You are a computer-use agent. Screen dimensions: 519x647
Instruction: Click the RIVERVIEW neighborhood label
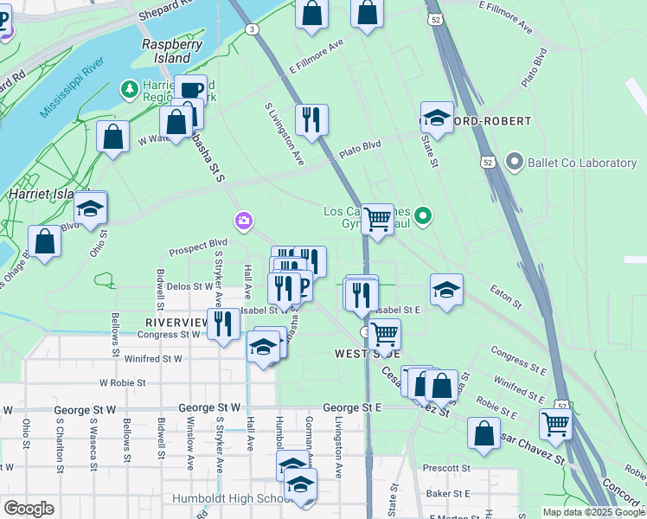point(170,322)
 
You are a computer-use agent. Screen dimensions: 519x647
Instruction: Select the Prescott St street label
point(445,468)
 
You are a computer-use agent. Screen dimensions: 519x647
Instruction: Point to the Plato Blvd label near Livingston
point(360,147)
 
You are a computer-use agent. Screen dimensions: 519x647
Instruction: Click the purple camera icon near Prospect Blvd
point(244,221)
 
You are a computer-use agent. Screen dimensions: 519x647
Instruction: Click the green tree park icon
point(129,88)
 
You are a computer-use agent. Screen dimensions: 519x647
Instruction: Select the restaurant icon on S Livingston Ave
point(311,119)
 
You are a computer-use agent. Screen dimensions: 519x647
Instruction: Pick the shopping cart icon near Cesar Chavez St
point(554,423)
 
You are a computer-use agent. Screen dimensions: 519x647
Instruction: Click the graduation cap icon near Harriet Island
point(90,208)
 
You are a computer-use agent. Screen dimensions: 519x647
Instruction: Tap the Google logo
point(29,509)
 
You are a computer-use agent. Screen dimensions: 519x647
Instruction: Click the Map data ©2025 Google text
point(593,512)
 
